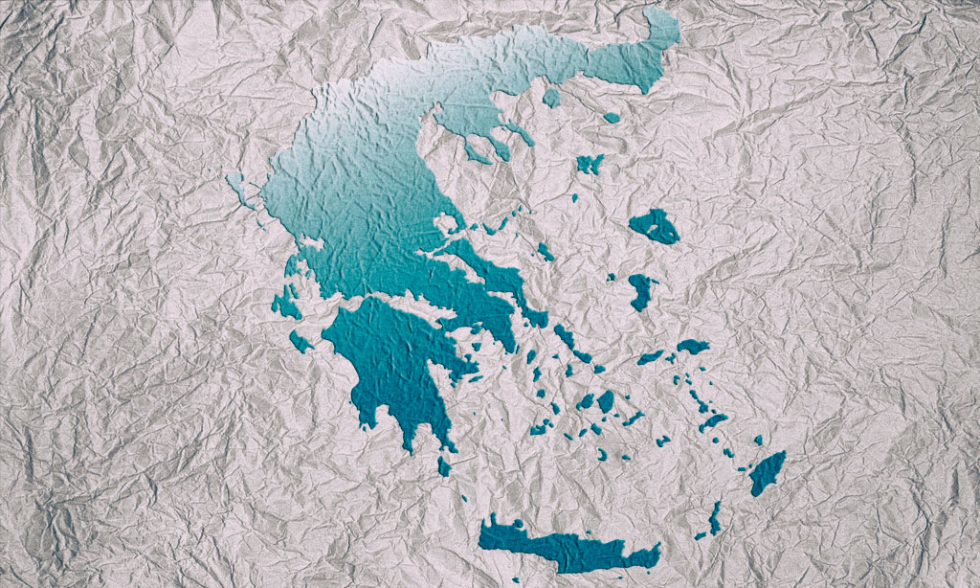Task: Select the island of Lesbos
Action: [655, 226]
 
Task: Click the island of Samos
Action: [693, 346]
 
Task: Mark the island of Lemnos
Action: [590, 164]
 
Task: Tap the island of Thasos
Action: [551, 98]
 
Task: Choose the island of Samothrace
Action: [612, 118]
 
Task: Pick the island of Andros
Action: [564, 337]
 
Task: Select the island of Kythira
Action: [444, 466]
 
